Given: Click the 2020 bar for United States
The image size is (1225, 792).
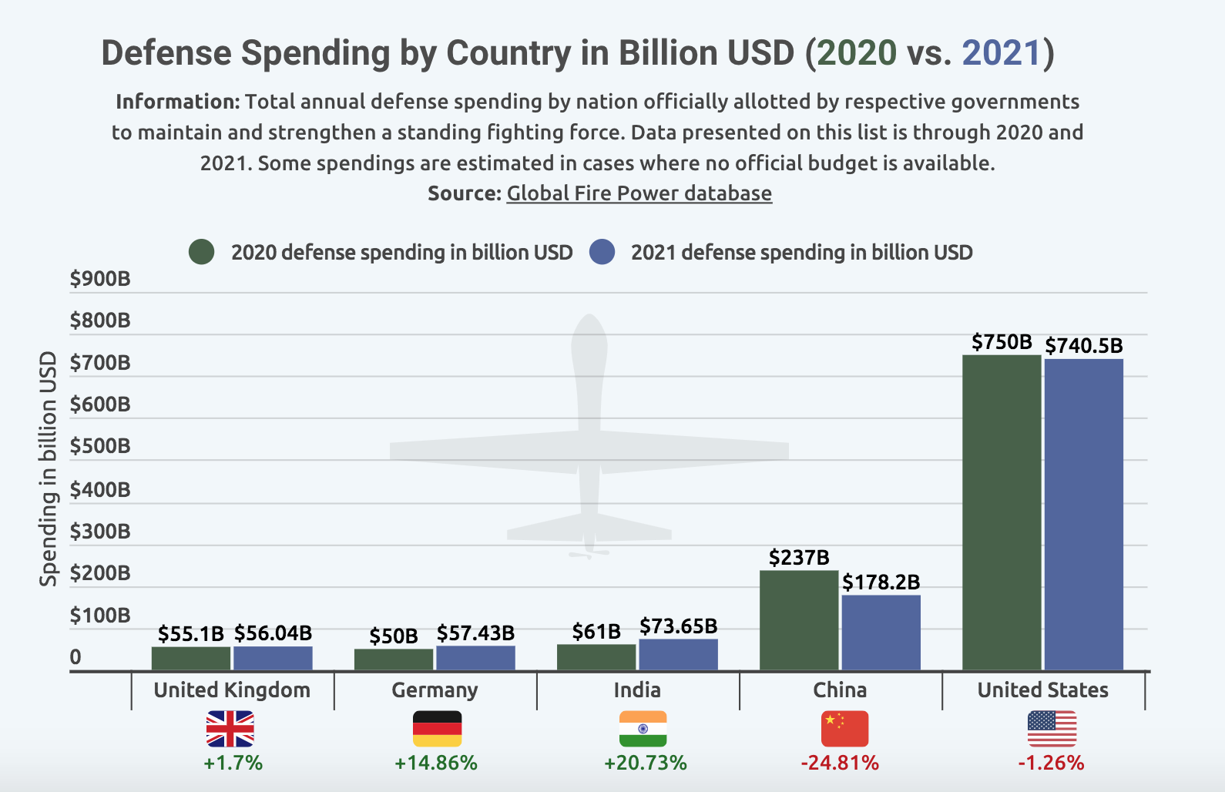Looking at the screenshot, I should (1002, 512).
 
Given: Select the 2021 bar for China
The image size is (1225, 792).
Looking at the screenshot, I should (881, 633).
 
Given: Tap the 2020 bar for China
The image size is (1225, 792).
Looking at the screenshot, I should (799, 620).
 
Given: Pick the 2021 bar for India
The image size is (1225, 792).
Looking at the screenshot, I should (678, 654).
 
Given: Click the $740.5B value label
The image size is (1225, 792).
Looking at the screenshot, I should (1084, 346).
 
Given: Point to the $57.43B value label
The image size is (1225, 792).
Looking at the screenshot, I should (475, 633).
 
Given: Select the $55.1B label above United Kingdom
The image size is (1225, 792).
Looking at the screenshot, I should (190, 634).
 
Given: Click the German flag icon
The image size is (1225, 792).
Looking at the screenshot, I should (437, 729).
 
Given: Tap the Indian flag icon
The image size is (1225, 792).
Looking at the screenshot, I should (643, 729).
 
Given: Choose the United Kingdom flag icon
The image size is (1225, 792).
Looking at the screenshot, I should (230, 729).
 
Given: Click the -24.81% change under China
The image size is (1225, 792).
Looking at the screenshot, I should (840, 763).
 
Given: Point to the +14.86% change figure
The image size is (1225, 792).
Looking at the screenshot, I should (436, 763).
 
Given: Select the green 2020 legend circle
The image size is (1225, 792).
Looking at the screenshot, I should (202, 252).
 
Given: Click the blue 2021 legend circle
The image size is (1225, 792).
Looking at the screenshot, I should (602, 252).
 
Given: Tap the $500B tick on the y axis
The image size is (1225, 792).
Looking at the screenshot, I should (100, 447).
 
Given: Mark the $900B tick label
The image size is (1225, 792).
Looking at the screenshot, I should (100, 279).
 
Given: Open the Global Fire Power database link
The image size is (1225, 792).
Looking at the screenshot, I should (639, 193).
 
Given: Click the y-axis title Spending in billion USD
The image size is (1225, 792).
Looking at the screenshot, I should (49, 468).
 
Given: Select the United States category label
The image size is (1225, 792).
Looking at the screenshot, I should (1042, 690).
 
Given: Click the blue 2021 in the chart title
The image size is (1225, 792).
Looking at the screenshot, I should (1002, 53).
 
